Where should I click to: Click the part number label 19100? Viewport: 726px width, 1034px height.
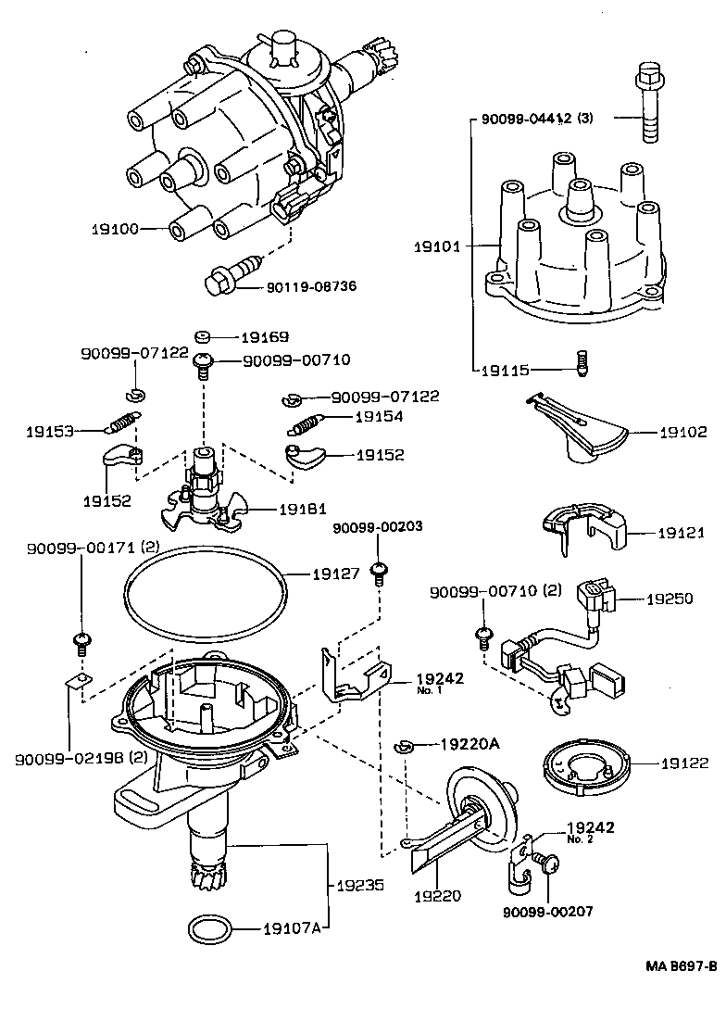coord(115,228)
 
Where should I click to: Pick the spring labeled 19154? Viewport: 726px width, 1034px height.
coord(307,422)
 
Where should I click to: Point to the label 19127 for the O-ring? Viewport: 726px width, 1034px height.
coord(334,574)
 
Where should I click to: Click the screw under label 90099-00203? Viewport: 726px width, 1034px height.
coord(378,573)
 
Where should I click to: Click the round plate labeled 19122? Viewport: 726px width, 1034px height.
coord(584,764)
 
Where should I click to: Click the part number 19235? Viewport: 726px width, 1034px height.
coord(357,884)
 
